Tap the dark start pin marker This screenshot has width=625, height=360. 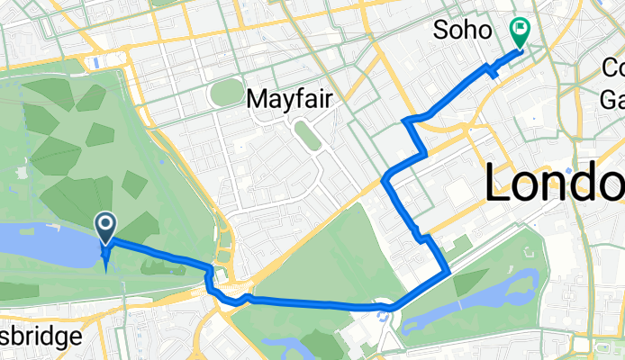click(105, 228)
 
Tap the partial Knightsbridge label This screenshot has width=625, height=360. click(41, 337)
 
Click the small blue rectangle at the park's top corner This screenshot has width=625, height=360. click(95, 62)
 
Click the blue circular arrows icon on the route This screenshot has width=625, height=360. click(386, 314)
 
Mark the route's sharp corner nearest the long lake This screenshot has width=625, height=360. click(448, 271)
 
